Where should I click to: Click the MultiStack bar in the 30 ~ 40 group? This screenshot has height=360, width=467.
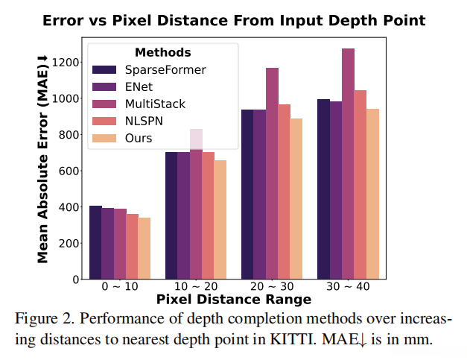(348, 164)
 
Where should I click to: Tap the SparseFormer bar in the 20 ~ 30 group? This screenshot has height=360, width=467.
(247, 194)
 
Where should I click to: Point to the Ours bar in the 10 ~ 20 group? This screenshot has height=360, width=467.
(220, 219)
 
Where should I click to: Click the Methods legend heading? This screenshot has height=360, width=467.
(162, 52)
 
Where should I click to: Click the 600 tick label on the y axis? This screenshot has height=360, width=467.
(69, 171)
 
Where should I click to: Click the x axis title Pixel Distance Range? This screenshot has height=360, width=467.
(234, 300)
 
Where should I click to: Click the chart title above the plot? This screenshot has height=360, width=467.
(234, 21)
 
